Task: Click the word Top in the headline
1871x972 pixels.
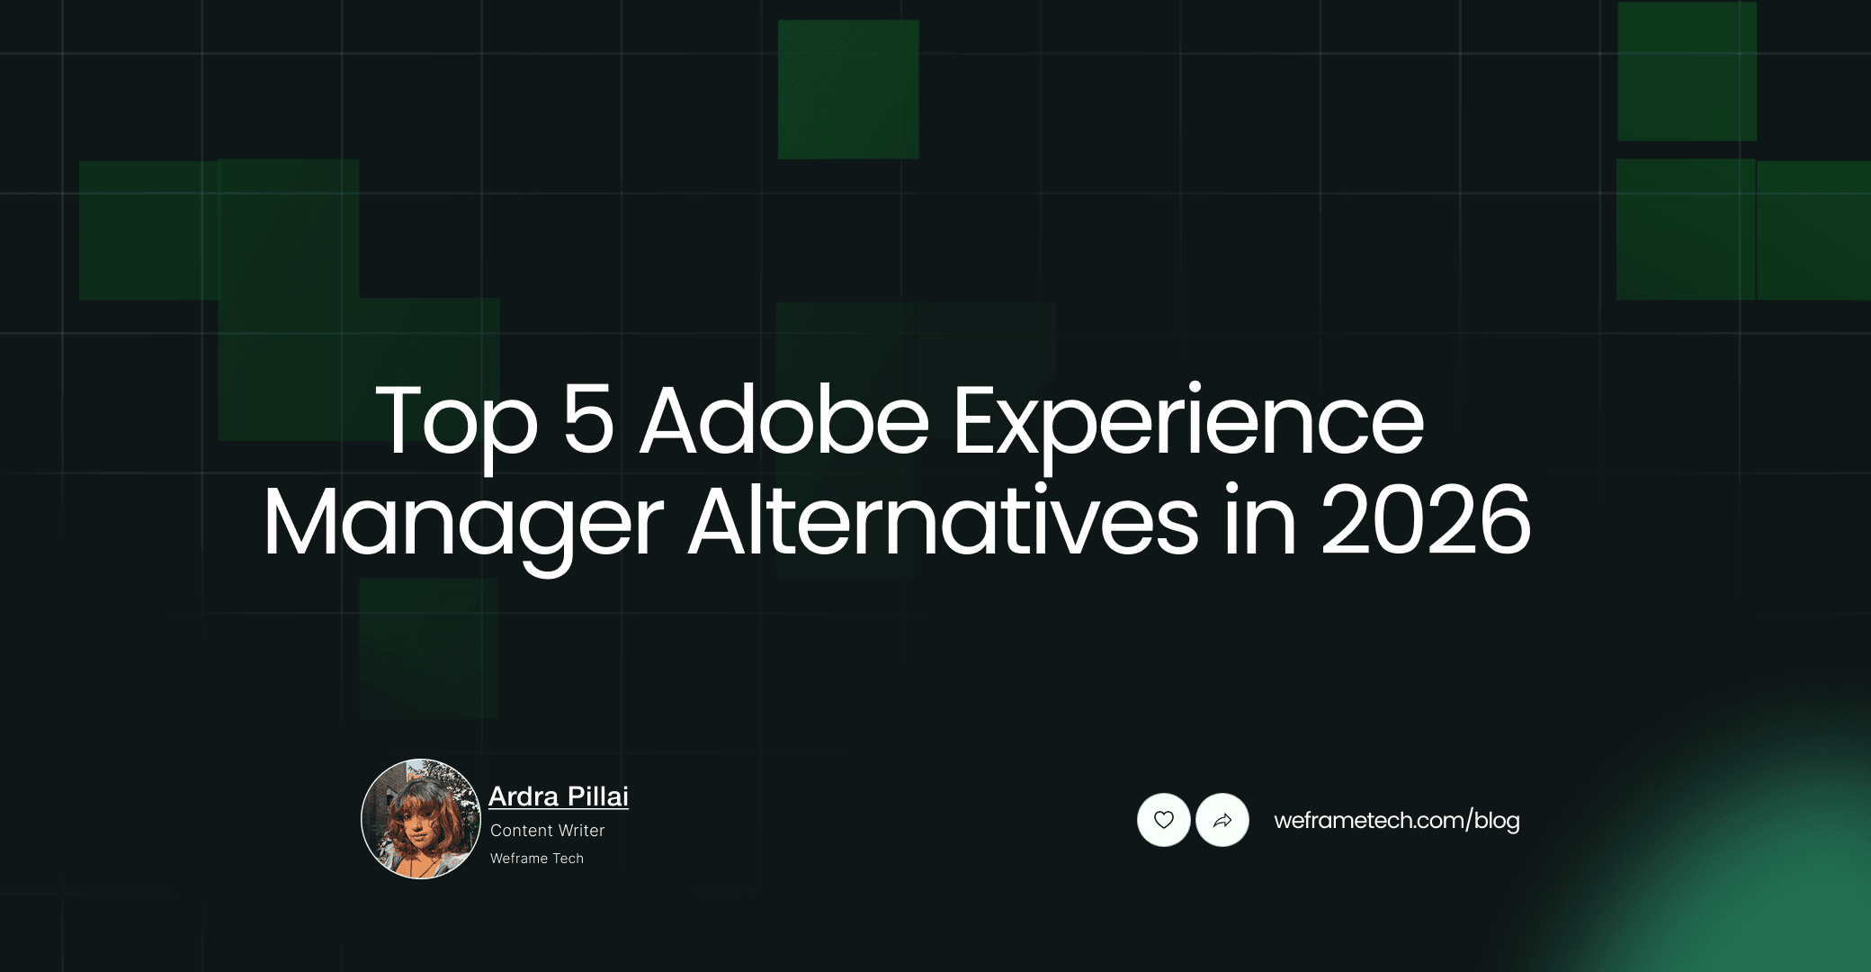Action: click(x=455, y=421)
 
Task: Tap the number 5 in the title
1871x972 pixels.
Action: click(x=587, y=419)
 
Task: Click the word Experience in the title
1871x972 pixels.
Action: click(x=1187, y=421)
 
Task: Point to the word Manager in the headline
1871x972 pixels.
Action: click(x=462, y=522)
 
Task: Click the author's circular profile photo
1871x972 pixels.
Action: click(x=421, y=819)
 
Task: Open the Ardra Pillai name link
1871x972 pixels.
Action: click(x=558, y=796)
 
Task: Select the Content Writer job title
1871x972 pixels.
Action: click(x=547, y=831)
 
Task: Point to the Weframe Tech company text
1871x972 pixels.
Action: click(x=536, y=859)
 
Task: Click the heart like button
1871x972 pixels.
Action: click(x=1163, y=820)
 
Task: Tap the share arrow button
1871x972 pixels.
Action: click(x=1222, y=820)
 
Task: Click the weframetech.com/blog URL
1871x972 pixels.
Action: click(x=1396, y=820)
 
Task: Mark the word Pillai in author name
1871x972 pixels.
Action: click(x=597, y=796)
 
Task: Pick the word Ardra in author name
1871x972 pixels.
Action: click(x=524, y=796)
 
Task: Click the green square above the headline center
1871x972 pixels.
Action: click(x=847, y=89)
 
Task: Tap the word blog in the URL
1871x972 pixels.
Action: click(x=1497, y=821)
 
